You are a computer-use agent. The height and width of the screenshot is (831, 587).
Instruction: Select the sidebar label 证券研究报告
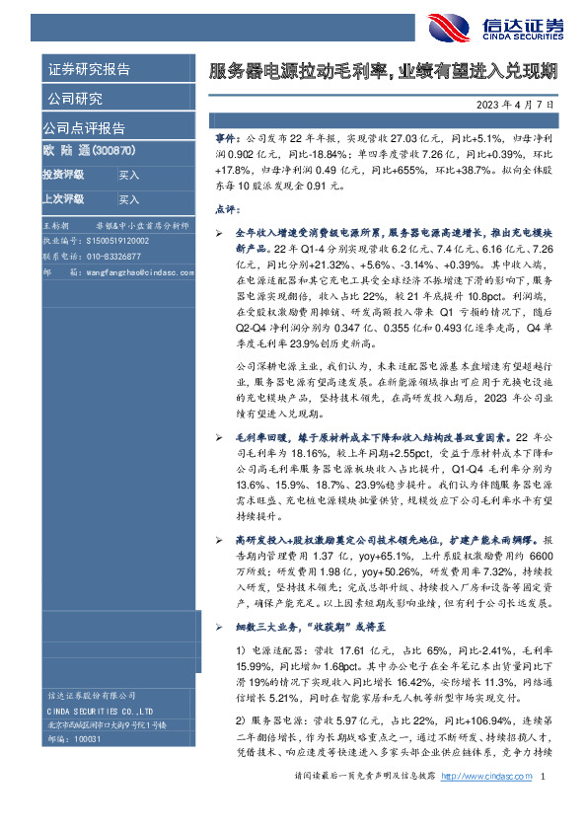[x=89, y=69]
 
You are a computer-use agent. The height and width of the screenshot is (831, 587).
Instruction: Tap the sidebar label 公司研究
[x=73, y=98]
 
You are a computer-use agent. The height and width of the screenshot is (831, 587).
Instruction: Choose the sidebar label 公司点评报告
[x=84, y=127]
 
